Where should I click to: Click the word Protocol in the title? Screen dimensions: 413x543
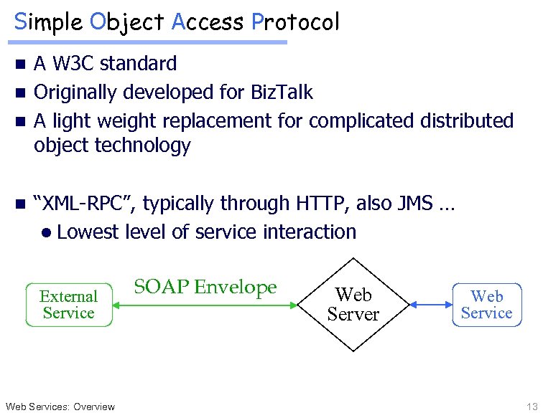295,22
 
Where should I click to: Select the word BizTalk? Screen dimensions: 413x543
282,92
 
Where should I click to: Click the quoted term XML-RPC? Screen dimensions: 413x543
85,204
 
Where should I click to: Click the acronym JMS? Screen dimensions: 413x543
415,204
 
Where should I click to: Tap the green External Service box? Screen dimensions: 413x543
69,305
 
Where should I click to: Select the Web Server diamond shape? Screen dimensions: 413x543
353,305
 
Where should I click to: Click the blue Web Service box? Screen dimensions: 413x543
486,305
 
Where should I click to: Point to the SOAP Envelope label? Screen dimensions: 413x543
205,288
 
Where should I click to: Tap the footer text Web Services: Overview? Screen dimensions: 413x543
60,407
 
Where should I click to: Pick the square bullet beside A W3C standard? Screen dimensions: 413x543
21,65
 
